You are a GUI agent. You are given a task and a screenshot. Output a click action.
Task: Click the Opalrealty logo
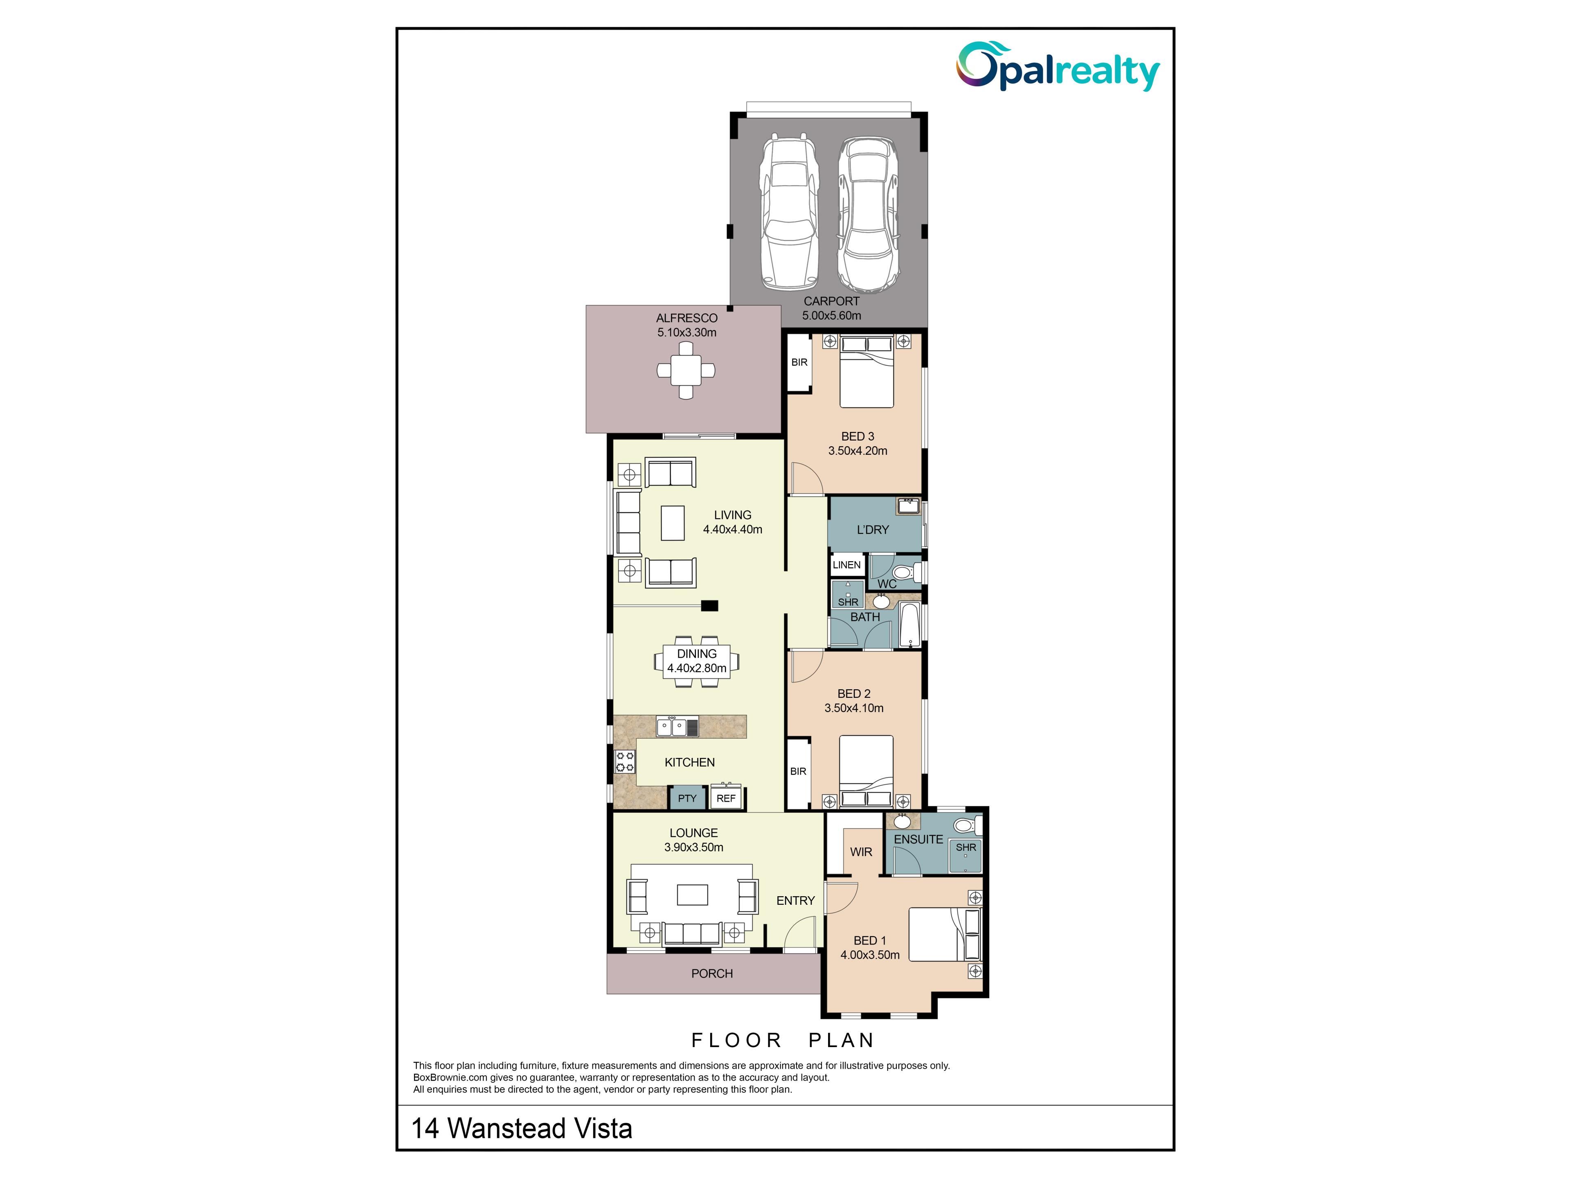pyautogui.click(x=1058, y=66)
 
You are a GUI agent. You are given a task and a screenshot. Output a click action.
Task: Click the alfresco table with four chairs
pyautogui.click(x=685, y=370)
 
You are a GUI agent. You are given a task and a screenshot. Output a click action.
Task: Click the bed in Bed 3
pyautogui.click(x=867, y=371)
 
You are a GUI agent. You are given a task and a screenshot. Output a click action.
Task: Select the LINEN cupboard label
pyautogui.click(x=846, y=565)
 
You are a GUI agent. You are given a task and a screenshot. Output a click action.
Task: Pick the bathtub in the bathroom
pyautogui.click(x=909, y=625)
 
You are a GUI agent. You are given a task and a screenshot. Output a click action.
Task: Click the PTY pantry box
pyautogui.click(x=687, y=798)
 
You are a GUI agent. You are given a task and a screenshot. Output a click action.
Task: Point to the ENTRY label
pyautogui.click(x=795, y=900)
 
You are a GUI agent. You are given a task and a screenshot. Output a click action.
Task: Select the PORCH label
pyautogui.click(x=711, y=973)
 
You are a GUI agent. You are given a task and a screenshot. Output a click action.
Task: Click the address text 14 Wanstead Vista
pyautogui.click(x=522, y=1128)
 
